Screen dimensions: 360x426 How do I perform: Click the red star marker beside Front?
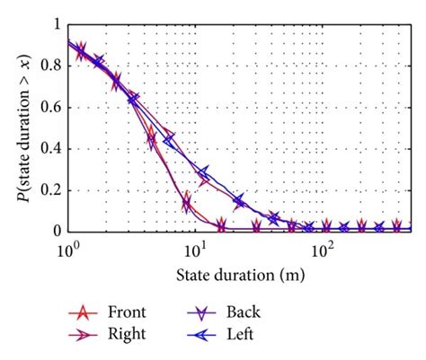pyautogui.click(x=84, y=313)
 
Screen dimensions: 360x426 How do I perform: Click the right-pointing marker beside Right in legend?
pyautogui.click(x=84, y=334)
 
